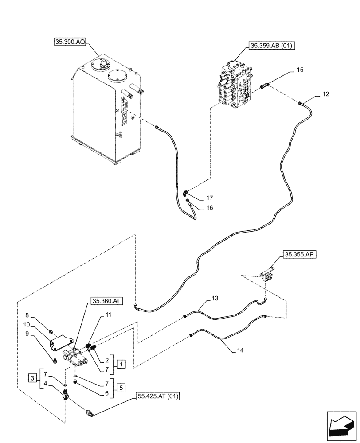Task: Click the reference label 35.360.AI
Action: coord(106,301)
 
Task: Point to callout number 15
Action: coord(300,70)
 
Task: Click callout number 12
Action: coord(326,94)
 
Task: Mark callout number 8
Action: coord(27,315)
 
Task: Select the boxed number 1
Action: coord(121,364)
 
